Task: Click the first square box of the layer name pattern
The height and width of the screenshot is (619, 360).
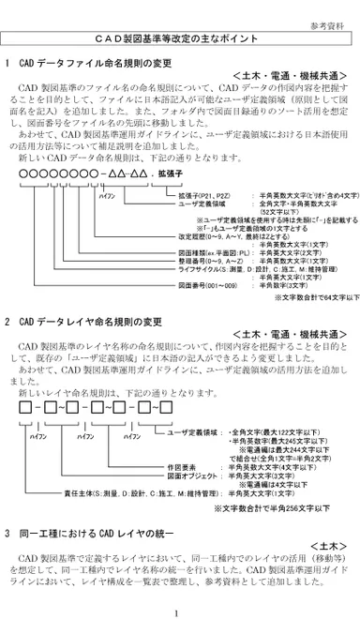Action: pyautogui.click(x=23, y=408)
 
